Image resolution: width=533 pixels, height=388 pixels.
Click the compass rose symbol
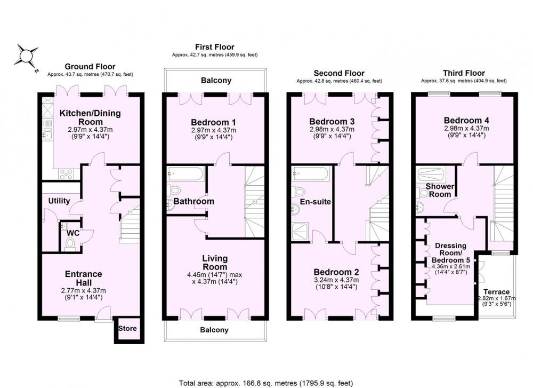[26, 56]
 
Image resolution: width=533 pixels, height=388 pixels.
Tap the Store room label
[127, 328]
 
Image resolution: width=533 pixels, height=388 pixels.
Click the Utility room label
[59, 201]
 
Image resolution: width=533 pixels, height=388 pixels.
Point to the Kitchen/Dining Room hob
[66, 175]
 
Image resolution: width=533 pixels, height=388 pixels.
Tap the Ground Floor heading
[90, 67]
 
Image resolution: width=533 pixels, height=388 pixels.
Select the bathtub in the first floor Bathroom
[185, 174]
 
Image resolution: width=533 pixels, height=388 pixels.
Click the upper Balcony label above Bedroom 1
[216, 81]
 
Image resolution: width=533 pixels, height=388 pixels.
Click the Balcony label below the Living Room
[214, 330]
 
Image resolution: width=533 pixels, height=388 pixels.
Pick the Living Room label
[215, 263]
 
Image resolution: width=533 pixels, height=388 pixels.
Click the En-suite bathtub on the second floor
[310, 174]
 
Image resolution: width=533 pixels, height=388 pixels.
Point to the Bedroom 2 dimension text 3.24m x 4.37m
[336, 280]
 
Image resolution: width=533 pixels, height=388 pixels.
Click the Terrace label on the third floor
[497, 292]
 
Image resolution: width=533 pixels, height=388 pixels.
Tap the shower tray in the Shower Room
[430, 175]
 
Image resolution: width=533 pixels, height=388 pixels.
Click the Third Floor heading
[464, 73]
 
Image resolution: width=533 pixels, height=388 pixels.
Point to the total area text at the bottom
[266, 383]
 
